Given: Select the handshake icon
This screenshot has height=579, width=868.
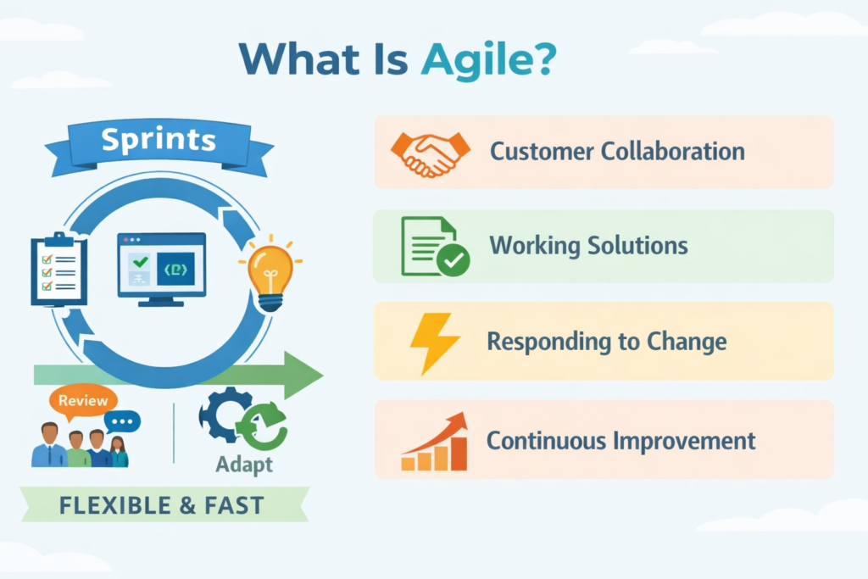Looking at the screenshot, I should (x=430, y=153).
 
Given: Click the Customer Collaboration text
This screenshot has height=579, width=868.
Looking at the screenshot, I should (x=617, y=153).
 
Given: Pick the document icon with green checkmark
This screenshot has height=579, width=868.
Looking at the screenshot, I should (x=433, y=247).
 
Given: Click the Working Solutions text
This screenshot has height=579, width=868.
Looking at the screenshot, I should (x=588, y=246).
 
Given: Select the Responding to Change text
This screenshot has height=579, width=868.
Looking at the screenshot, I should (x=606, y=342).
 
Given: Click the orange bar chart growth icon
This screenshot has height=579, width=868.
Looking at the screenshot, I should (x=434, y=442).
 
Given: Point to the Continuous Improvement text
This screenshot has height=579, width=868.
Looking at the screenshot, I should (x=620, y=441).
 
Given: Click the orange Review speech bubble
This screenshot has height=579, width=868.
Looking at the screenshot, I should (x=82, y=401).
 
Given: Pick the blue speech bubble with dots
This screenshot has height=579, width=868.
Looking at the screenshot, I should (x=123, y=421).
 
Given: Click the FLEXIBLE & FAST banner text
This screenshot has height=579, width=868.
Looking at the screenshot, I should (x=162, y=506).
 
